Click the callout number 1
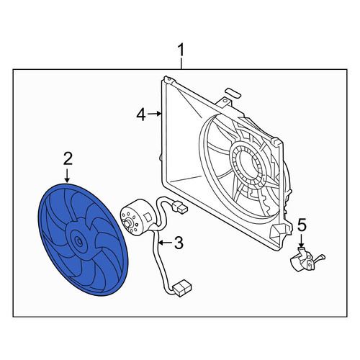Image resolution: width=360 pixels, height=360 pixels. (x=181, y=50)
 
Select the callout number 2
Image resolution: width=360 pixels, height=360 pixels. (x=68, y=159)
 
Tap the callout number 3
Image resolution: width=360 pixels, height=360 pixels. (x=179, y=243)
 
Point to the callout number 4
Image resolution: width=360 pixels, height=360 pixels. (x=141, y=114)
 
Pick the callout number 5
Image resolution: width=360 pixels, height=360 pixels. (x=302, y=225)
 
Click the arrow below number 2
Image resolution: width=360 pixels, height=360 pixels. (x=67, y=176)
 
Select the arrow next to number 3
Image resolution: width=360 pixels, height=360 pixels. (x=166, y=243)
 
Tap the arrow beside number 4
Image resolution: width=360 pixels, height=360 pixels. (x=154, y=114)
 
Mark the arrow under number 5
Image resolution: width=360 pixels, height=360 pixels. (x=301, y=240)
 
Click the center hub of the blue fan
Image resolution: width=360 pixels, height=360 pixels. (x=78, y=240)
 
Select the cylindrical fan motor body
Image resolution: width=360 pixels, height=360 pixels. (x=138, y=217)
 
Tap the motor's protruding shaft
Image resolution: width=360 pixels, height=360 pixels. (x=128, y=223)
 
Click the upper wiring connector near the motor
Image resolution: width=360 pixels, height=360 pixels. (x=180, y=207)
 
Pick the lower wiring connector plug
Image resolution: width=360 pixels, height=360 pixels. (x=183, y=287)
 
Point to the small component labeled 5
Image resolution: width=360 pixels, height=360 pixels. (x=307, y=262)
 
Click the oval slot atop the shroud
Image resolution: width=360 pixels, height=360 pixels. (x=233, y=93)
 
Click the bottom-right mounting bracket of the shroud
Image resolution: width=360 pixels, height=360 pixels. (x=280, y=232)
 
